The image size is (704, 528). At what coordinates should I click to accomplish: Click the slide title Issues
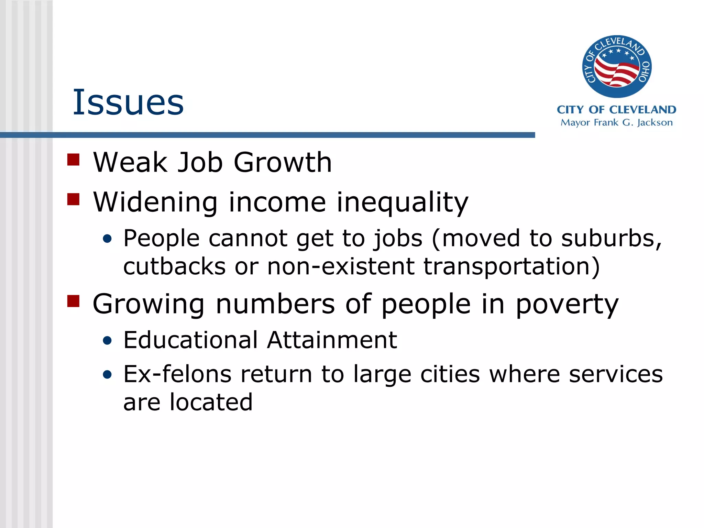tap(128, 102)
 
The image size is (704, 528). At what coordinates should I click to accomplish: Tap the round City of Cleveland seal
tap(617, 67)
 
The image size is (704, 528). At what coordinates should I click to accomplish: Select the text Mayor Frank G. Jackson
tap(616, 123)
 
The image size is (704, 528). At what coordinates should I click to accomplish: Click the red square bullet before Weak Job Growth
tap(73, 159)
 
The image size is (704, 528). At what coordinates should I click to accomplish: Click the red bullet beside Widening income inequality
tap(73, 199)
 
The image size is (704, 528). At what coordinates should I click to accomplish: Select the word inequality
tap(402, 203)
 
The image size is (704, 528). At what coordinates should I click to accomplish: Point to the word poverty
tap(567, 305)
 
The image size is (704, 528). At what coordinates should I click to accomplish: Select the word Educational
tap(190, 340)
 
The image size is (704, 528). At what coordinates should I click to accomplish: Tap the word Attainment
tap(332, 340)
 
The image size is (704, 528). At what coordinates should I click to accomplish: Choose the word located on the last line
tap(211, 402)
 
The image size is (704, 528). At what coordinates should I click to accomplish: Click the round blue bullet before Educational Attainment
tap(107, 341)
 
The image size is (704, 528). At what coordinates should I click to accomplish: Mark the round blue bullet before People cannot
tap(107, 239)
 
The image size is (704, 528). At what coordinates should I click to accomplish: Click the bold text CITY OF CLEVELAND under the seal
tap(616, 110)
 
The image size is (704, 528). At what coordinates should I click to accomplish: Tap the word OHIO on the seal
tap(644, 72)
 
